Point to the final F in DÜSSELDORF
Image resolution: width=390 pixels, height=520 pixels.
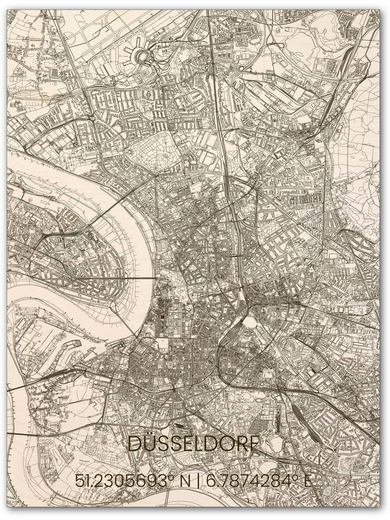click(x=253, y=444)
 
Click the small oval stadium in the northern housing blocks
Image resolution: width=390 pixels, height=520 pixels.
click(x=148, y=93)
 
